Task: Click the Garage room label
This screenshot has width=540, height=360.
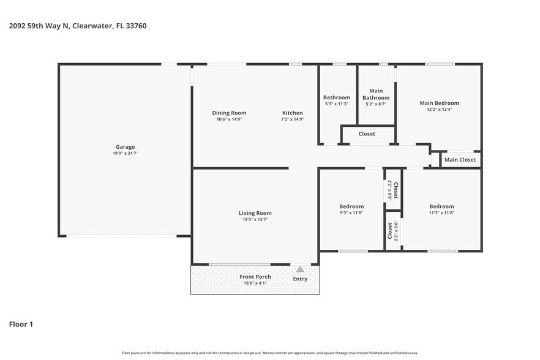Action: point(126,147)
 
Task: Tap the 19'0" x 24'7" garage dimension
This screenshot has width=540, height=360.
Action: point(126,154)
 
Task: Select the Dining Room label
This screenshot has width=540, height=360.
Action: point(229,113)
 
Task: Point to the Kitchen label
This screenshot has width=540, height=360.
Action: point(292,113)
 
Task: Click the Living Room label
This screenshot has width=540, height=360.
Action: point(255,213)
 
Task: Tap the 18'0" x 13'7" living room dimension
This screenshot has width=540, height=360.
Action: point(255,220)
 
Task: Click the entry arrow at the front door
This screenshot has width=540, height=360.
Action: point(300,269)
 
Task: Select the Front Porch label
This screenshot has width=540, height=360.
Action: point(255,277)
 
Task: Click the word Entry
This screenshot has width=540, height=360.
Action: point(300,279)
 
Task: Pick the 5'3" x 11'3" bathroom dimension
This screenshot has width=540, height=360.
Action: point(337,104)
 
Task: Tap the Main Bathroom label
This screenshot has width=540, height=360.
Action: point(375,94)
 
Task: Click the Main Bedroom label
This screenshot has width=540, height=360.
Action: point(439,103)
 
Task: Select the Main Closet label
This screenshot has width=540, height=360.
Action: point(460,160)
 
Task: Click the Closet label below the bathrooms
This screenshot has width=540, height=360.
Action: point(367,133)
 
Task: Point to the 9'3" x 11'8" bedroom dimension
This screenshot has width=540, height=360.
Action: point(351,213)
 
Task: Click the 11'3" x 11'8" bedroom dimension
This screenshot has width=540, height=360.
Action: point(441,213)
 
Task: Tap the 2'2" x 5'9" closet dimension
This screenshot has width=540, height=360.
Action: point(389,190)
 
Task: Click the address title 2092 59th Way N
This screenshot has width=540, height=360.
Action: point(77,26)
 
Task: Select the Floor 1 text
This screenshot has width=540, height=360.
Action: point(21,324)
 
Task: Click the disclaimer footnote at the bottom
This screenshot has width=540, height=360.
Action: point(269,353)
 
